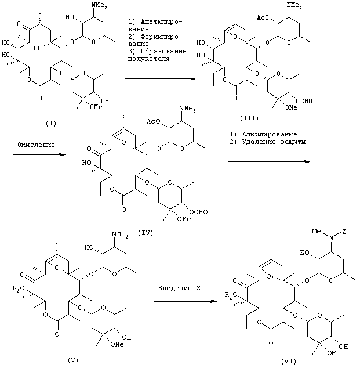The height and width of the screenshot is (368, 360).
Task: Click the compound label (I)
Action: coord(51,123)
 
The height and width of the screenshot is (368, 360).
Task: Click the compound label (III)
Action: coord(249,118)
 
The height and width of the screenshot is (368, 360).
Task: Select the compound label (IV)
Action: coord(146,233)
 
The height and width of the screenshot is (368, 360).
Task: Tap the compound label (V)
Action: coord(72,360)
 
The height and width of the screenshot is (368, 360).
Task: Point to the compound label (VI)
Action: coord(289,361)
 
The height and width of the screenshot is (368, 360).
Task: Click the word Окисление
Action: coord(36,145)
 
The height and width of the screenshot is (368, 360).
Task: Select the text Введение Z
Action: coord(179,288)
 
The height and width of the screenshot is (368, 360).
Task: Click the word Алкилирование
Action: coord(270,134)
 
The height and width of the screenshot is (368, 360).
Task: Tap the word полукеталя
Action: coord(148,59)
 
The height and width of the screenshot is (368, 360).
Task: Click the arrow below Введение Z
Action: coord(185,301)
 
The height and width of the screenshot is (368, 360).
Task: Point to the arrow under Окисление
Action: coord(39,154)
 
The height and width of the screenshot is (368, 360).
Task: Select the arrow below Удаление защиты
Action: coord(269,161)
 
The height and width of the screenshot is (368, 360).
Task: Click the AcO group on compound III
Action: coord(263,17)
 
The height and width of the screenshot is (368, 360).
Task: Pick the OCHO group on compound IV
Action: coord(198,212)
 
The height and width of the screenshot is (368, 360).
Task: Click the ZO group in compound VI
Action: coord(304,252)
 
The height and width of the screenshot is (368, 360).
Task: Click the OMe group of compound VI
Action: coord(334,353)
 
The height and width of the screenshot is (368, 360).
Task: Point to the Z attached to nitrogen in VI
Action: coord(344,232)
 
